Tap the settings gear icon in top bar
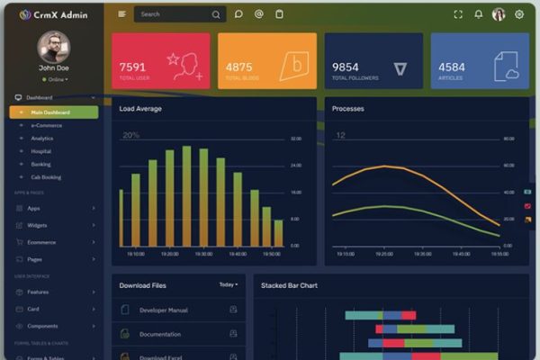[x=519, y=14]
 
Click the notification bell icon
[x=478, y=14]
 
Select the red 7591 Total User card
[x=161, y=61]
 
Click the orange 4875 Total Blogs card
[x=267, y=61]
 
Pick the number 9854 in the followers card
[x=345, y=67]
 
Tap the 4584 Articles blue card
[x=480, y=61]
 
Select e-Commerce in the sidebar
[x=46, y=125]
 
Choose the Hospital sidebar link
[x=41, y=151]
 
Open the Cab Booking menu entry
[x=46, y=177]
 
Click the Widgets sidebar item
[x=37, y=225]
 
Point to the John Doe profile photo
[x=54, y=46]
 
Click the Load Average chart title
[x=141, y=109]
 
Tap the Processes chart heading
[x=348, y=109]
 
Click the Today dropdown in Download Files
[x=229, y=285]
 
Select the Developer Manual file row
[x=164, y=310]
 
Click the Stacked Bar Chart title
[x=289, y=285]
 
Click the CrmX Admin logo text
[x=60, y=14]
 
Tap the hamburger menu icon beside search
[x=122, y=14]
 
